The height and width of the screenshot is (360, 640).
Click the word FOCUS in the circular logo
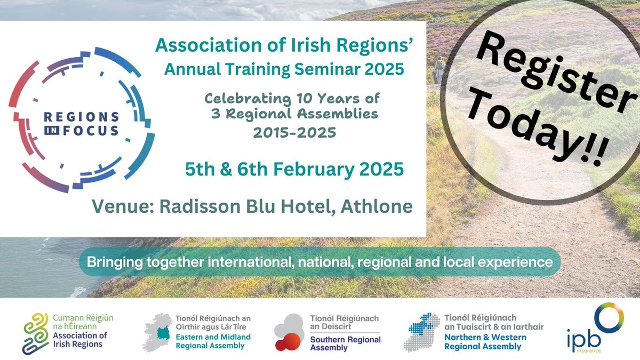click(x=97, y=130)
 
